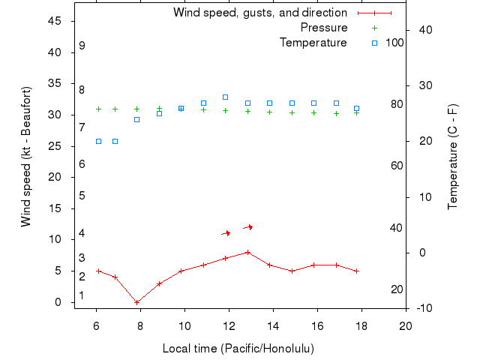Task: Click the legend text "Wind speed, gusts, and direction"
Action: (259, 13)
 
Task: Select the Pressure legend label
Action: (323, 28)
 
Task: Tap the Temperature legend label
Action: (313, 43)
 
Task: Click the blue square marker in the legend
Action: (375, 43)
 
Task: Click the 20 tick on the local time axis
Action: (406, 325)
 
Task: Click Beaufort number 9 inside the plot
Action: (82, 46)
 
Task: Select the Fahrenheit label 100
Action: (394, 43)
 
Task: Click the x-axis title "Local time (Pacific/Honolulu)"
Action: (238, 349)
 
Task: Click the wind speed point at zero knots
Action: (136, 302)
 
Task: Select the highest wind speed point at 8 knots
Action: (247, 252)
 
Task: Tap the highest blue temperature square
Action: (225, 97)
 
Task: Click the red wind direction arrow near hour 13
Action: (248, 227)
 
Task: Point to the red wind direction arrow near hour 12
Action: (226, 233)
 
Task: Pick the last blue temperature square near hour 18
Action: (357, 109)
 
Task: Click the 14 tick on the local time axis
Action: (273, 325)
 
